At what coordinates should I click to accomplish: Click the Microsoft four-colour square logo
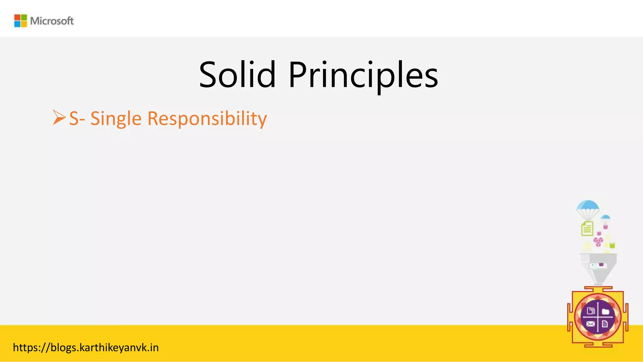[20, 21]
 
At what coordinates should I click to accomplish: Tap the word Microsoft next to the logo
[52, 21]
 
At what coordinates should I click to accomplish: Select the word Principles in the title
[363, 75]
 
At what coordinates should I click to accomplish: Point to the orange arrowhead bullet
[59, 118]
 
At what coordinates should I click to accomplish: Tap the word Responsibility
[207, 119]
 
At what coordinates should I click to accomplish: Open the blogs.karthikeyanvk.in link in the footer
[86, 348]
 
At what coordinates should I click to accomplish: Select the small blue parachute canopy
[605, 217]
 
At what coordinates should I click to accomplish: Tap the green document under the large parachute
[587, 228]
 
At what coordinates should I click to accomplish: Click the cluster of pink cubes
[598, 241]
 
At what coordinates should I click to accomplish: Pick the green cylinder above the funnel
[612, 245]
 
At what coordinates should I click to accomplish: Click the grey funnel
[598, 267]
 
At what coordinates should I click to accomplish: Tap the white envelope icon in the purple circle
[590, 324]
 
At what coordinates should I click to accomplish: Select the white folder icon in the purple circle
[605, 312]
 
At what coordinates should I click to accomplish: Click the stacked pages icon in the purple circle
[591, 311]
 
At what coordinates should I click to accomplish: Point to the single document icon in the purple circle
[605, 324]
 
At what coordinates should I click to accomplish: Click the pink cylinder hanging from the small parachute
[606, 227]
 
